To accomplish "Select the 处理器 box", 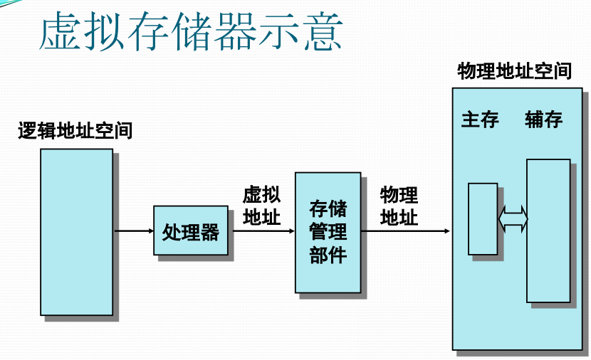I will [191, 231].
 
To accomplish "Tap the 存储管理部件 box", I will [328, 232].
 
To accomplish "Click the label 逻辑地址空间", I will [75, 131].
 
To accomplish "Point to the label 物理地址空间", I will [515, 71].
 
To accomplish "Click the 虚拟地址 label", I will [261, 206].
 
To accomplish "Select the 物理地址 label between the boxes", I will [399, 206].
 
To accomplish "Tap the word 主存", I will [480, 119].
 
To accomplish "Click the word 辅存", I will [544, 119].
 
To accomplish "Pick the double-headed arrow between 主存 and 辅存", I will [513, 218].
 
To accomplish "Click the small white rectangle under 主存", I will [483, 218].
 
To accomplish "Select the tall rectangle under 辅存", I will [548, 231].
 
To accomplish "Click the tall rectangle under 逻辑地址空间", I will [76, 232].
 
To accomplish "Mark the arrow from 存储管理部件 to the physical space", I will [406, 231].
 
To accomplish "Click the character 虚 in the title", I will [59, 32].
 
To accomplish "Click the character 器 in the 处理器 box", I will [209, 232].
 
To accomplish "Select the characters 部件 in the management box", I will [328, 255].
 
